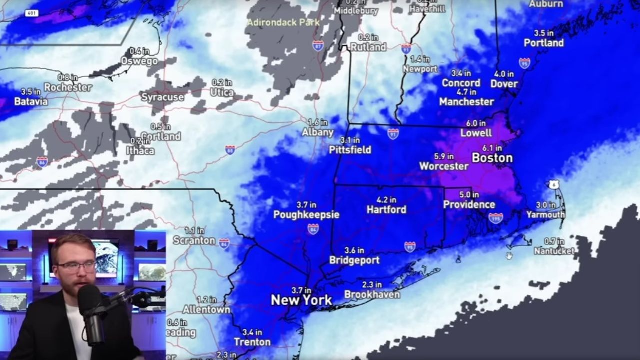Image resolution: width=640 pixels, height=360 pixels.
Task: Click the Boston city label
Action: click(x=492, y=158)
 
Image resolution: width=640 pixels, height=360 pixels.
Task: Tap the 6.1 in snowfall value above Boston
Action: click(x=492, y=148)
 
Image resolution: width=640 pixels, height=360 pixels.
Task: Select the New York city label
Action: click(x=301, y=300)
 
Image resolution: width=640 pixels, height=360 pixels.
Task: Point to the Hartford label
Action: click(x=386, y=210)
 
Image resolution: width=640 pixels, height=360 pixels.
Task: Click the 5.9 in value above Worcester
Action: click(x=444, y=156)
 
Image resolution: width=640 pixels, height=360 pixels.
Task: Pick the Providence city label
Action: click(x=469, y=205)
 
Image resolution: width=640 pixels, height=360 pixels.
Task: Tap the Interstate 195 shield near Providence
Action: click(x=496, y=218)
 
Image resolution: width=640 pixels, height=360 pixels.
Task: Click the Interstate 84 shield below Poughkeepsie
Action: click(x=313, y=229)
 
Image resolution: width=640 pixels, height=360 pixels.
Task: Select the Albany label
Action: click(x=318, y=132)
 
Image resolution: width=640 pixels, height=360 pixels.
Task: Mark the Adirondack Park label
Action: click(x=283, y=22)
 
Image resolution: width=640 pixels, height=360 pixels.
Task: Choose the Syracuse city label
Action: click(x=162, y=97)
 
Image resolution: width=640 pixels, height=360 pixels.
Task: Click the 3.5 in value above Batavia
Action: click(x=31, y=92)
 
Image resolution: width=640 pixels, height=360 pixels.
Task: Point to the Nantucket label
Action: click(x=554, y=251)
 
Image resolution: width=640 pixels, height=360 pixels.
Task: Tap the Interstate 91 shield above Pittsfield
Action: click(x=393, y=133)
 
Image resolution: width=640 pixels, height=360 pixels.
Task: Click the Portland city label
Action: click(x=544, y=43)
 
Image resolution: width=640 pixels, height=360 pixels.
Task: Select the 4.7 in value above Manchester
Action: click(x=466, y=92)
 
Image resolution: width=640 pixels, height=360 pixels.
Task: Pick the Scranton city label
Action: click(x=194, y=240)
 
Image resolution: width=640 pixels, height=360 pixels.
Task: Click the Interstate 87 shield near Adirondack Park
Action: click(x=318, y=45)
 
